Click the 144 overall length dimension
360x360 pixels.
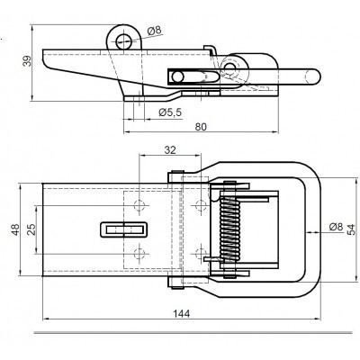coord(182,314)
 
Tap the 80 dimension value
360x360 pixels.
coord(201,127)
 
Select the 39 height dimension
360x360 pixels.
coord(27,60)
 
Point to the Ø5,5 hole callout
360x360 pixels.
coord(170,112)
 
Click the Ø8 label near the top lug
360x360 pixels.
coord(155,31)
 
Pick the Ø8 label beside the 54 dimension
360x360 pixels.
coord(336,227)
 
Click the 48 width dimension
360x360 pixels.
coord(15,229)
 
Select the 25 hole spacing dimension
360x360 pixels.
coord(31,229)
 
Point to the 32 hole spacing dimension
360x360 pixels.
coord(170,149)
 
